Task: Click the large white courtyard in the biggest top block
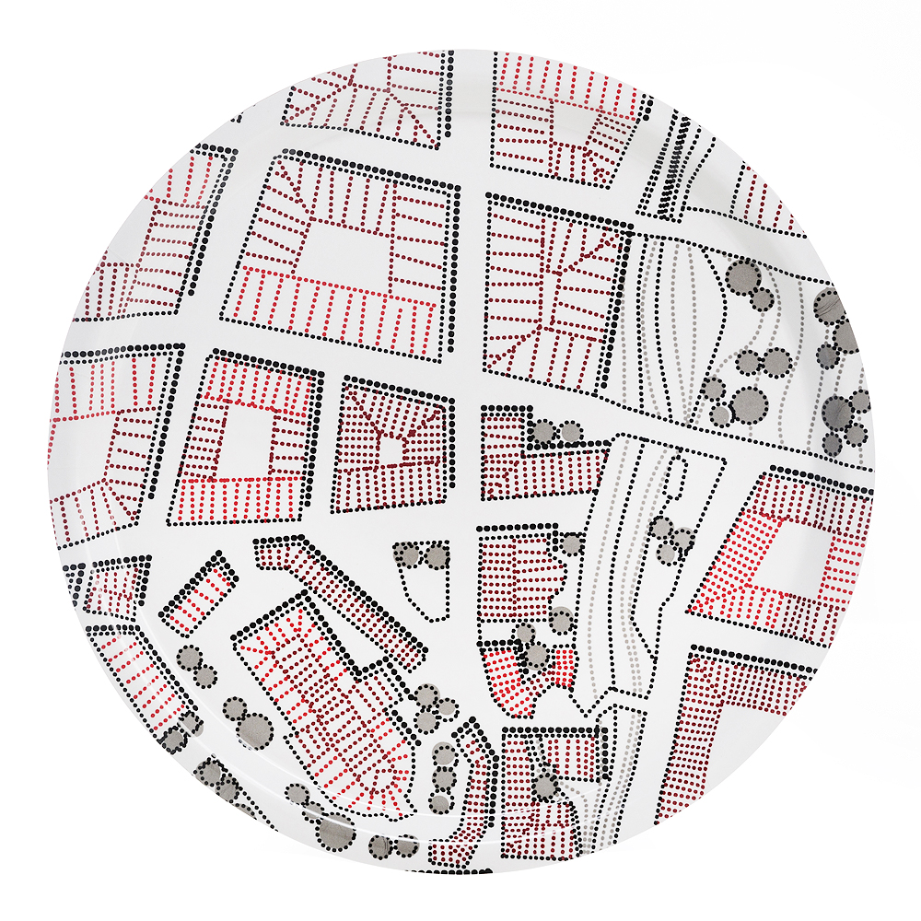click(345, 251)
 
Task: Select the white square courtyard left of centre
click(246, 441)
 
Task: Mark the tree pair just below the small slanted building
click(196, 666)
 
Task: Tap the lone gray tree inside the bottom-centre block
click(545, 784)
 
